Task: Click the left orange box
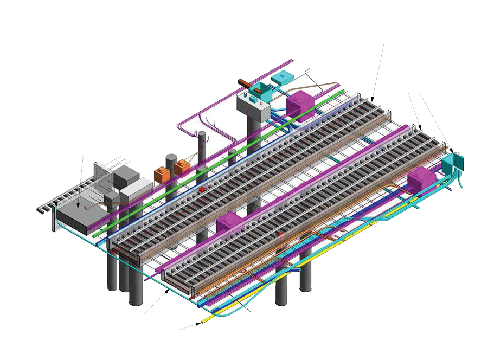pyautogui.click(x=162, y=175)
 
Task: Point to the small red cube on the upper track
pyautogui.click(x=202, y=189)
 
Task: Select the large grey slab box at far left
pyautogui.click(x=81, y=215)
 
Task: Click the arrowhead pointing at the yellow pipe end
pyautogui.click(x=199, y=324)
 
